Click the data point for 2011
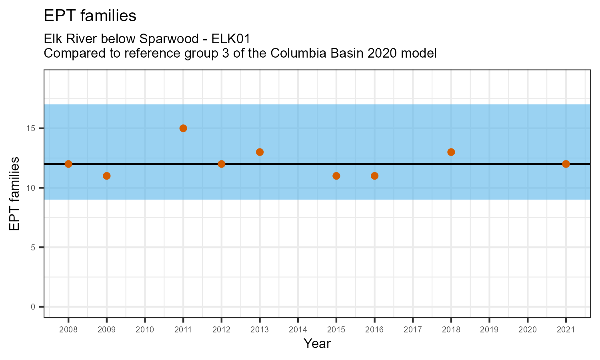(183, 128)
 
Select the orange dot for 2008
(68, 164)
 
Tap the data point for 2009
(106, 176)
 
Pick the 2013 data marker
(260, 152)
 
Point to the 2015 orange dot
(336, 176)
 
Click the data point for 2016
(374, 176)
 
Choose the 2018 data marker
(451, 152)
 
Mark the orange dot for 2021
(566, 164)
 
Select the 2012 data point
(222, 164)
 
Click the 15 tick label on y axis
(32, 128)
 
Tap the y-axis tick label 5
(34, 247)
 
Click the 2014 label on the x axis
(298, 330)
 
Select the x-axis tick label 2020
(528, 330)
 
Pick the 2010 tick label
(145, 330)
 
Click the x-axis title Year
(317, 344)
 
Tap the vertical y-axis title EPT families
(14, 194)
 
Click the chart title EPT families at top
(90, 16)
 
